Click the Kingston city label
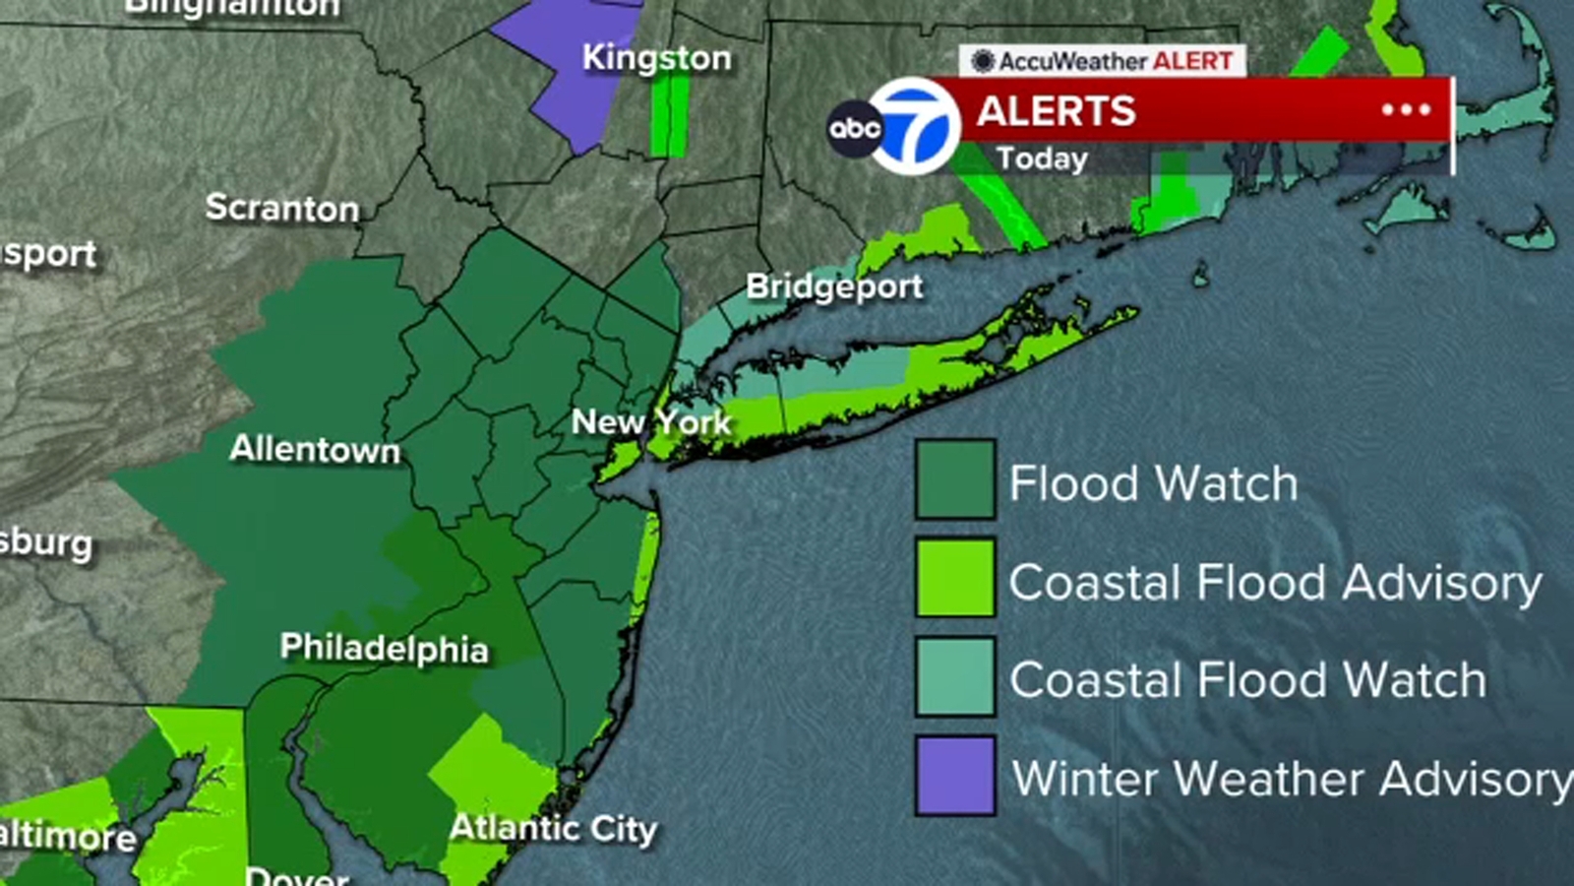coord(656,58)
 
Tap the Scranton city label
coord(282,208)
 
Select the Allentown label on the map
coord(315,450)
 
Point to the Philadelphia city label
coord(384,648)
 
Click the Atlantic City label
coord(553,829)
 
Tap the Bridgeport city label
coord(834,286)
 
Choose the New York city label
coord(651,422)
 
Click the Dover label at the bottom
coord(296,875)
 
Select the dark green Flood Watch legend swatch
coord(954,479)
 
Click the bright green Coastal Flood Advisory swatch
coord(954,578)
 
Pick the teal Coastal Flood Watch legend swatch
coord(954,676)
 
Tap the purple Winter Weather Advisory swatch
coord(954,776)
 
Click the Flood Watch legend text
coord(1153,483)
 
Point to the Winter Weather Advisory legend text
coord(1292,779)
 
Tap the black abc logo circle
coord(854,128)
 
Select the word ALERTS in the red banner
coord(1057,111)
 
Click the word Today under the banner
coord(1042,158)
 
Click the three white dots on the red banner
coord(1406,110)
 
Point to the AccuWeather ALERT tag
coord(1103,61)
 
